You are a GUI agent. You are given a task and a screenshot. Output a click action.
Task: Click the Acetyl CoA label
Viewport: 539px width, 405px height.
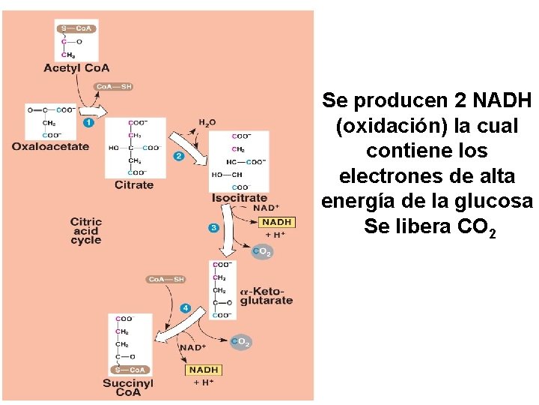point(76,68)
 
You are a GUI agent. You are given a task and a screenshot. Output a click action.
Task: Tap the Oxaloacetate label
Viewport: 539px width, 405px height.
point(50,147)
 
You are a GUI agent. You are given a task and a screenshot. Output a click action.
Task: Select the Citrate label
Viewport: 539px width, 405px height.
point(134,184)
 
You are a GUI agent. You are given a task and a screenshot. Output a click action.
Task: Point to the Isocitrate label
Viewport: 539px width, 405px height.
point(240,198)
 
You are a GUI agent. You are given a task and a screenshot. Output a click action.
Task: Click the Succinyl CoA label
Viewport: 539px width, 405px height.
point(128,388)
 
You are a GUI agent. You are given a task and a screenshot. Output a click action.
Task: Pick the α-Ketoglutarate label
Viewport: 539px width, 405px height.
point(267,296)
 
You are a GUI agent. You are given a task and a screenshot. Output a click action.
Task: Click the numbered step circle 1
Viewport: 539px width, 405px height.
point(88,121)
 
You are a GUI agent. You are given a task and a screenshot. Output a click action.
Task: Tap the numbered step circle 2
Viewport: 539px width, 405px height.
point(178,156)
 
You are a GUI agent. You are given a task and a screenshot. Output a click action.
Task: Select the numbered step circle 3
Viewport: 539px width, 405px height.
point(214,228)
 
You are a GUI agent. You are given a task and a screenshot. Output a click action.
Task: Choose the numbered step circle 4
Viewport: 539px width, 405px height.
point(185,308)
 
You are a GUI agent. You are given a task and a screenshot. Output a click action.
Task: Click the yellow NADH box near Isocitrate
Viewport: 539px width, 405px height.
point(277,222)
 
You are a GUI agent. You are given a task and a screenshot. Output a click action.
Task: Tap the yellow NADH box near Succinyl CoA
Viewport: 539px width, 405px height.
point(204,370)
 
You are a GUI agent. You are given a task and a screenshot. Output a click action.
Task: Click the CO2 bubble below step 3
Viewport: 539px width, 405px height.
point(262,253)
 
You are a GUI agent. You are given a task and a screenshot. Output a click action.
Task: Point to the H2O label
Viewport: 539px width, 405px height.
point(207,122)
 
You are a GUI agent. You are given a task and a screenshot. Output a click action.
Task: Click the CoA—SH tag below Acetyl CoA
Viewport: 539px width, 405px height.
point(114,87)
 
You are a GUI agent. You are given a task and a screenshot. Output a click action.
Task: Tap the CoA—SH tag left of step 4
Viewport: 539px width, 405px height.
point(165,280)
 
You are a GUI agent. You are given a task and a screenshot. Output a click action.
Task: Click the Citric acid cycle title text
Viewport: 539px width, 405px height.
point(85,231)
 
